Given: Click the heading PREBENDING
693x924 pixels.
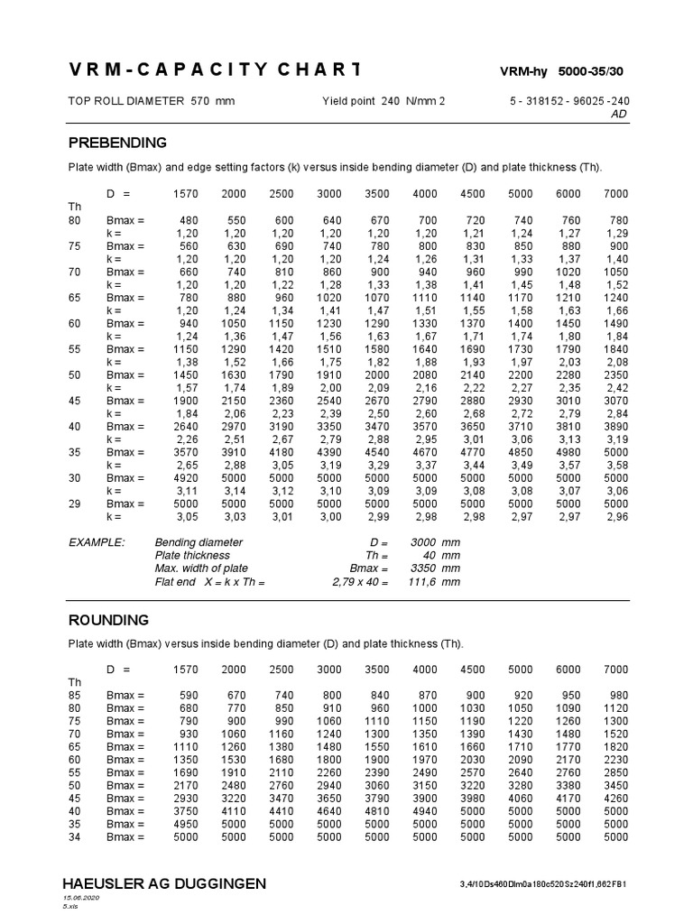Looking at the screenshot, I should [x=117, y=143].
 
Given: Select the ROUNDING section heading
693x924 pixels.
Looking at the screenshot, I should [x=109, y=620].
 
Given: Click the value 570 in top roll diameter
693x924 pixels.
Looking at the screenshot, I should [x=199, y=101].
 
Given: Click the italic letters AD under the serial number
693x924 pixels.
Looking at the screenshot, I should [x=619, y=115].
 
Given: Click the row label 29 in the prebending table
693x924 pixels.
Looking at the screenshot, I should [x=75, y=504].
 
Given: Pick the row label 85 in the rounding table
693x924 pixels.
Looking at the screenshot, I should [x=75, y=696].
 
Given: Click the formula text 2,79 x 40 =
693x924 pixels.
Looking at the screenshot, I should [x=360, y=582].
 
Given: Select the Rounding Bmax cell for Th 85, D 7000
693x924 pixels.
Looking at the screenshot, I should [x=616, y=696].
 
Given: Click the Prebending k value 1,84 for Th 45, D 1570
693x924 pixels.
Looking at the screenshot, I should [x=185, y=413].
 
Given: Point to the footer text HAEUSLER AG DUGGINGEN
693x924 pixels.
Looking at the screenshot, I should [x=163, y=882].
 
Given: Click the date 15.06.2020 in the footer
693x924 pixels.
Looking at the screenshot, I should [x=79, y=899].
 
